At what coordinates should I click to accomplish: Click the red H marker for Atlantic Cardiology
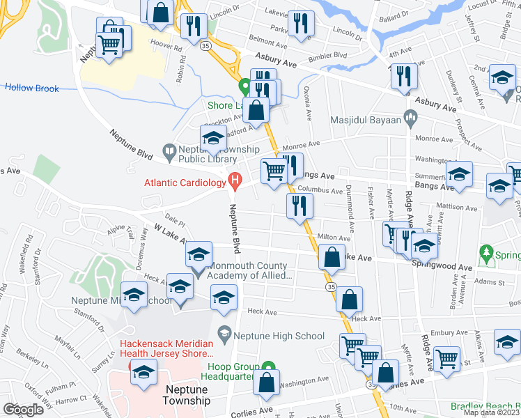[x=235, y=183]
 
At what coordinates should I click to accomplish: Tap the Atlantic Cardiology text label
[x=185, y=184]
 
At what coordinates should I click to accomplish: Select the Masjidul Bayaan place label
[x=367, y=120]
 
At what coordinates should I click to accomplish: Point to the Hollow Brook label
[x=32, y=88]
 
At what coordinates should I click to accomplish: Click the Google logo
[x=23, y=410]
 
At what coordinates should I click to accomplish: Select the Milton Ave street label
[x=333, y=238]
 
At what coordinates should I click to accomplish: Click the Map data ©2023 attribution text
[x=492, y=412]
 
